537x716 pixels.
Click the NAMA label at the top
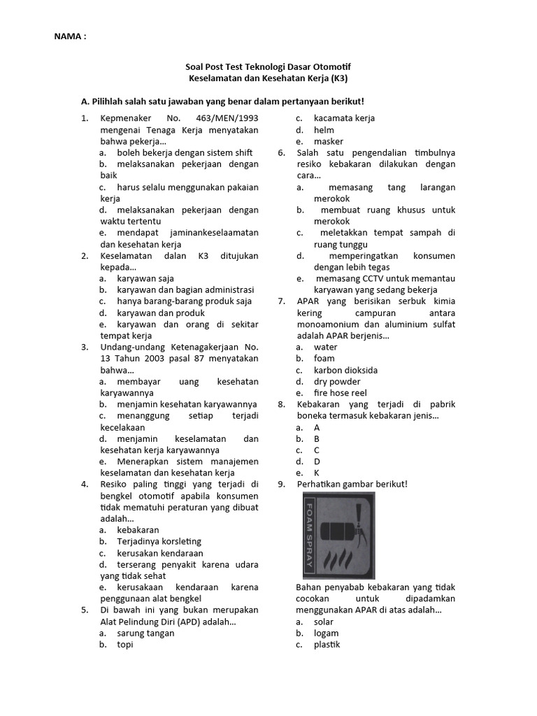coord(70,36)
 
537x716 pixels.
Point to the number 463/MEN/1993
coord(227,118)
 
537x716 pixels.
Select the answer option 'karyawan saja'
coord(145,278)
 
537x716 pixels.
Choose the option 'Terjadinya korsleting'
coord(159,541)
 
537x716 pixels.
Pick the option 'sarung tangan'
coord(145,633)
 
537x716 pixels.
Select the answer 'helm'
coord(324,130)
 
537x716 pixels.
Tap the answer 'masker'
coord(329,141)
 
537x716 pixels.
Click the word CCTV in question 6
coord(363,278)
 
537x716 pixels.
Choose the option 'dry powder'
coord(337,382)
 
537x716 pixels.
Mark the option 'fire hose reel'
coord(340,393)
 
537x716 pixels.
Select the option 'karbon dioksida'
coord(345,370)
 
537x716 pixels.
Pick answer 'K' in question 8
coord(317,473)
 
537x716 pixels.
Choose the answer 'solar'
coord(324,622)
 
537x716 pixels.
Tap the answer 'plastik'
coord(327,645)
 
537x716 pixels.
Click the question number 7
coord(281,301)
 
